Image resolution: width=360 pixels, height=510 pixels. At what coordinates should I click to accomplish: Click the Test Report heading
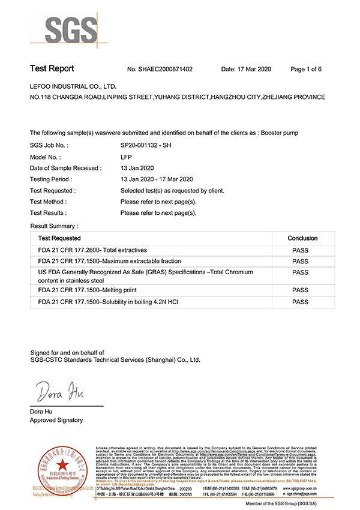(x=52, y=69)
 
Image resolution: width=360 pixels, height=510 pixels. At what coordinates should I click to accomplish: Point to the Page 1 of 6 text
(x=306, y=70)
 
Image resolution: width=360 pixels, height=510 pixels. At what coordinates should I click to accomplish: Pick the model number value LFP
(x=126, y=157)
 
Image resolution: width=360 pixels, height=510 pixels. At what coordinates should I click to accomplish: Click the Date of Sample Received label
(x=65, y=168)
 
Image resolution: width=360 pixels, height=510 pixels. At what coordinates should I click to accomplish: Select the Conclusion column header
(x=302, y=238)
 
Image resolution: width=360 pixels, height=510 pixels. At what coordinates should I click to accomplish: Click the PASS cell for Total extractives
(x=300, y=250)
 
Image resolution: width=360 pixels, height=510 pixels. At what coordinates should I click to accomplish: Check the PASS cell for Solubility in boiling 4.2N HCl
(x=300, y=301)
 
